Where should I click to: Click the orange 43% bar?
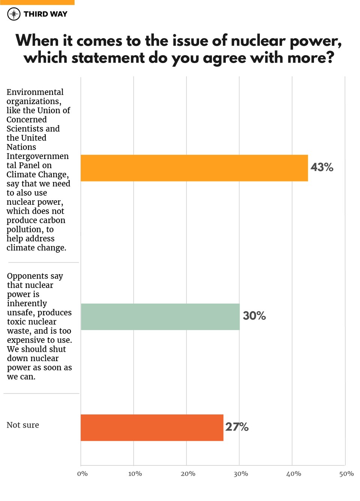pos(194,168)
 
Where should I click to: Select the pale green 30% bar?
pos(160,317)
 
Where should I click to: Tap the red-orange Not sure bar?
pos(152,427)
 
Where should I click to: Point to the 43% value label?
pos(322,167)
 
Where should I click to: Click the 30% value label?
pos(254,316)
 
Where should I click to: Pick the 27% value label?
pos(237,427)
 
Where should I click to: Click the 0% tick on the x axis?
pos(82,474)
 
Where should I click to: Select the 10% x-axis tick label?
pos(135,474)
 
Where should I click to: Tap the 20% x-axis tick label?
pos(188,474)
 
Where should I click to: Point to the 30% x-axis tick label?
pos(241,474)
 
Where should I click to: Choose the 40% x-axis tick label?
pos(294,474)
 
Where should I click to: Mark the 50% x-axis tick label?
pos(346,474)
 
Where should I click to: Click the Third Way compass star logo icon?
pos(14,14)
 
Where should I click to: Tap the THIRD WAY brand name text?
pos(45,14)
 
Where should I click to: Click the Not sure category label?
pos(23,425)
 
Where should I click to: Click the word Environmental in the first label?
pos(35,92)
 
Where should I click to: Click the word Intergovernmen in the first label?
pos(37,156)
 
